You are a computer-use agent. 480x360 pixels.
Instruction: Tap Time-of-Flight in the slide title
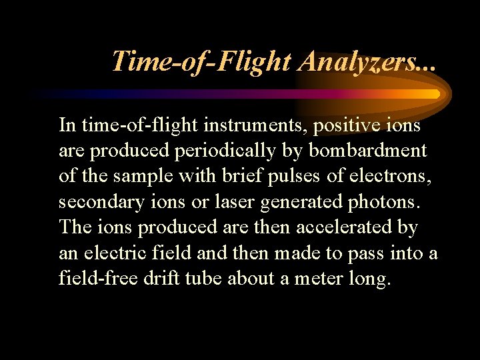coord(202,61)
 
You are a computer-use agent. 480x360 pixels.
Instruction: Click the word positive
coord(349,125)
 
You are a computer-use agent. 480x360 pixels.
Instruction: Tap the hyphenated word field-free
coord(98,277)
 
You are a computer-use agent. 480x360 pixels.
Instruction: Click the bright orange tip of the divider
coord(435,94)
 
